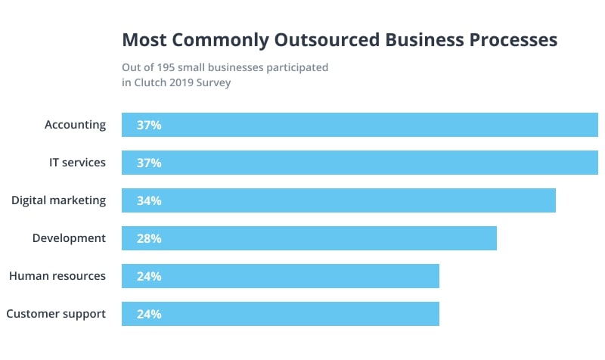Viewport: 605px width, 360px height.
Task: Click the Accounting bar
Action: click(360, 125)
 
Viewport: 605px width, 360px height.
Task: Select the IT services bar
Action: click(360, 163)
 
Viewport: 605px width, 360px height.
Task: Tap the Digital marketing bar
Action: click(339, 200)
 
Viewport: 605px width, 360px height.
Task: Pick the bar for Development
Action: click(309, 238)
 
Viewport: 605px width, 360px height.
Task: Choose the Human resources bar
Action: click(281, 276)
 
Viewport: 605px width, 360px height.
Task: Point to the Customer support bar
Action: click(281, 314)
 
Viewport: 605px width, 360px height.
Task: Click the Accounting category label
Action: click(75, 125)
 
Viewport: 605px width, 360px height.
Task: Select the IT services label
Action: click(76, 163)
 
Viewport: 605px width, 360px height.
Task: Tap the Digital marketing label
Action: click(58, 200)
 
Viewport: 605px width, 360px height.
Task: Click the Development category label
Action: click(69, 238)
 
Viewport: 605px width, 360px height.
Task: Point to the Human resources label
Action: click(57, 276)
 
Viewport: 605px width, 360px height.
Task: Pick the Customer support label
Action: click(56, 314)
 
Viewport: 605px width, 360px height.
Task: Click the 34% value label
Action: click(149, 200)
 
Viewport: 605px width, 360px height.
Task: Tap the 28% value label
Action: click(149, 238)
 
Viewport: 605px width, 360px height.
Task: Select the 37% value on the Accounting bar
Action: click(149, 125)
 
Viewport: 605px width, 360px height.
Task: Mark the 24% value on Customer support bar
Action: click(149, 314)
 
